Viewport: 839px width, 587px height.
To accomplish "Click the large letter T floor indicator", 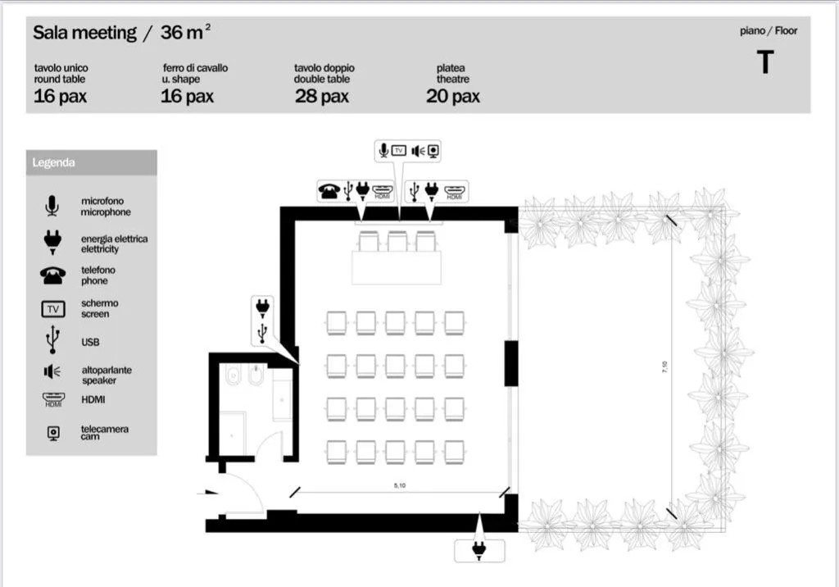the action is click(x=766, y=61).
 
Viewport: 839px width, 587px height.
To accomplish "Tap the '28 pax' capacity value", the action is click(x=321, y=97).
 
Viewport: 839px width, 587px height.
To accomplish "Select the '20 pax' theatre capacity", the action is click(x=452, y=97).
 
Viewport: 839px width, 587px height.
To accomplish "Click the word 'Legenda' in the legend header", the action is click(x=53, y=163).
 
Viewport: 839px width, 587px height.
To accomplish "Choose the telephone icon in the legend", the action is click(x=53, y=275).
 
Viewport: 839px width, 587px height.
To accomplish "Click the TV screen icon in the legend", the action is click(x=53, y=309).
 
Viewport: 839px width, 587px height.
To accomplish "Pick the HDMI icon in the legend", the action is click(x=53, y=399).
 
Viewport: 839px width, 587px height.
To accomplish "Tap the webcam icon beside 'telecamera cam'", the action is click(x=53, y=433).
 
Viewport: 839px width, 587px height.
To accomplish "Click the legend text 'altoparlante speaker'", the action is click(x=107, y=375).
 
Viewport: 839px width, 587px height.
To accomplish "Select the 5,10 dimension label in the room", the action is click(x=400, y=485).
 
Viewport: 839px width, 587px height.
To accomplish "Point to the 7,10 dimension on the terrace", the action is click(x=664, y=367).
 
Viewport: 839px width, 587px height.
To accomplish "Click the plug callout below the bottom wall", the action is click(x=478, y=550).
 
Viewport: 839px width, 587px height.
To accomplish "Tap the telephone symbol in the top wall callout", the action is click(x=329, y=190).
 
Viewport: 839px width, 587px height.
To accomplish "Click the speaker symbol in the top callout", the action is click(x=418, y=151).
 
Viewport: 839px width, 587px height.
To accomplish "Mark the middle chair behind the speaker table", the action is click(x=397, y=242).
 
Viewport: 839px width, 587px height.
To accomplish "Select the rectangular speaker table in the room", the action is click(x=397, y=268).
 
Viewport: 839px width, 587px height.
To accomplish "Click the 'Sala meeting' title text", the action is click(x=84, y=33).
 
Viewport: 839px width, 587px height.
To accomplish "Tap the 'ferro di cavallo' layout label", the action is click(x=195, y=68).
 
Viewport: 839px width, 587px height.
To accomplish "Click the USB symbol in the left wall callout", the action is click(x=262, y=333).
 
